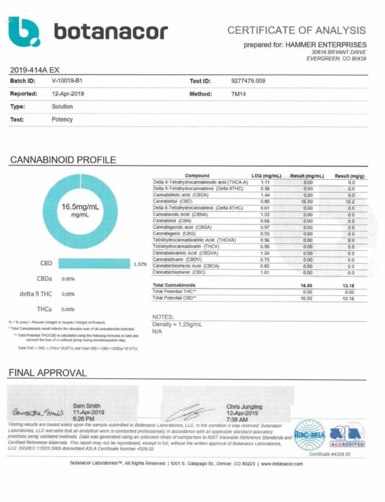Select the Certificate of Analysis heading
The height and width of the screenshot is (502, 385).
click(296, 30)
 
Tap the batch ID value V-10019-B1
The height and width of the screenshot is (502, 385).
click(70, 81)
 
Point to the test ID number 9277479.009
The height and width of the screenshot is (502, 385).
click(248, 81)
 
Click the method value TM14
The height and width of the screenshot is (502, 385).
click(238, 94)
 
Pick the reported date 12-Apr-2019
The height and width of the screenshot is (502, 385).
click(69, 94)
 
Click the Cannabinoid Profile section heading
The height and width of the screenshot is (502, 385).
click(63, 160)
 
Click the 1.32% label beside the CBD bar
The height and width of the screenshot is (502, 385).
click(140, 264)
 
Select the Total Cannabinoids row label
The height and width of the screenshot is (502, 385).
click(174, 285)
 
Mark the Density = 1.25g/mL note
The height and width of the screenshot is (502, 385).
click(177, 325)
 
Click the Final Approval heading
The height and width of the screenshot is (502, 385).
click(48, 373)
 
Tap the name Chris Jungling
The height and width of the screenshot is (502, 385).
click(244, 407)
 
